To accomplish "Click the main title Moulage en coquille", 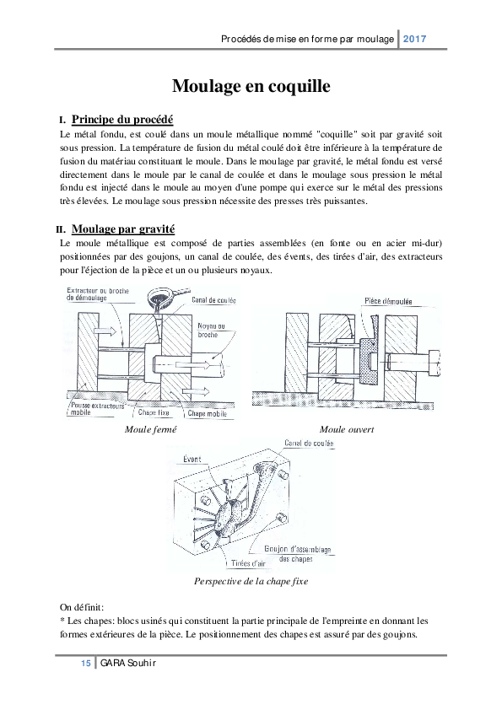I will (251, 86).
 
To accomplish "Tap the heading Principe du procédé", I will (122, 119).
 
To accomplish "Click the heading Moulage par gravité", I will (124, 229).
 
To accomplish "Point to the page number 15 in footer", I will (85, 664).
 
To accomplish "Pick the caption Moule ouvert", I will (346, 430).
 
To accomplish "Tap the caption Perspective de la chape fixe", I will (251, 581).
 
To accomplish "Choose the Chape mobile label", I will (208, 414).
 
